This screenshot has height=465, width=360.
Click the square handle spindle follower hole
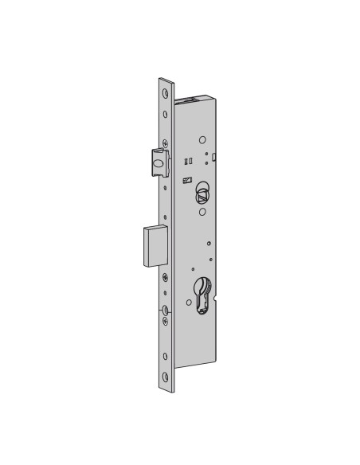(201, 191)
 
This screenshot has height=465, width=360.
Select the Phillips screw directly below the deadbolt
(165, 278)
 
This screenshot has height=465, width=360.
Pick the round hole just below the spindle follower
(202, 212)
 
